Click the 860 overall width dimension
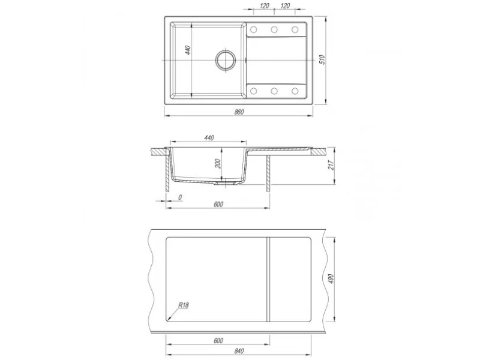[239, 112]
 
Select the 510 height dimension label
[322, 59]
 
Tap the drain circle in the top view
[226, 60]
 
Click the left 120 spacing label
[265, 6]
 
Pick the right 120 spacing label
[285, 6]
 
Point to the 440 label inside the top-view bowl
[188, 50]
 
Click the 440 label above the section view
[209, 138]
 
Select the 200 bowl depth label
[218, 164]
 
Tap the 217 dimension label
[331, 166]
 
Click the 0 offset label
[180, 197]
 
